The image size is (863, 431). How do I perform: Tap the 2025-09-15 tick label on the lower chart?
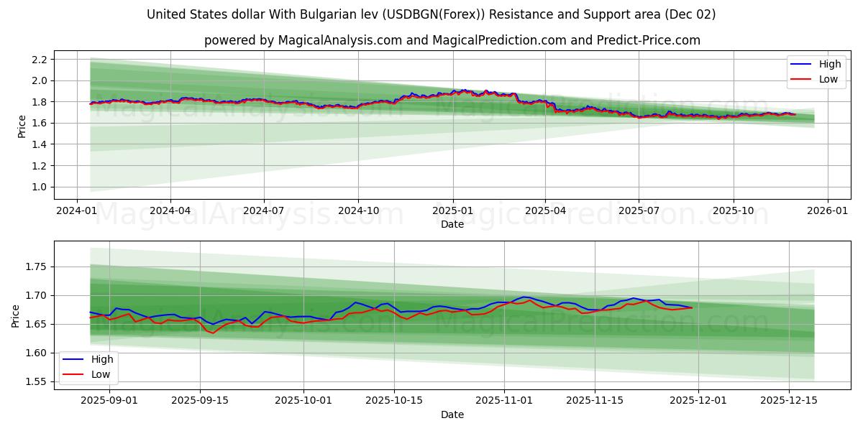click(x=199, y=401)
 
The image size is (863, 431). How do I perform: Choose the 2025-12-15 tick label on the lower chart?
click(x=789, y=401)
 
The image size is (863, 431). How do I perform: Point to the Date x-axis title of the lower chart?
click(x=452, y=414)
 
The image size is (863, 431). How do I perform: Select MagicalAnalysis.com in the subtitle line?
click(x=334, y=40)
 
